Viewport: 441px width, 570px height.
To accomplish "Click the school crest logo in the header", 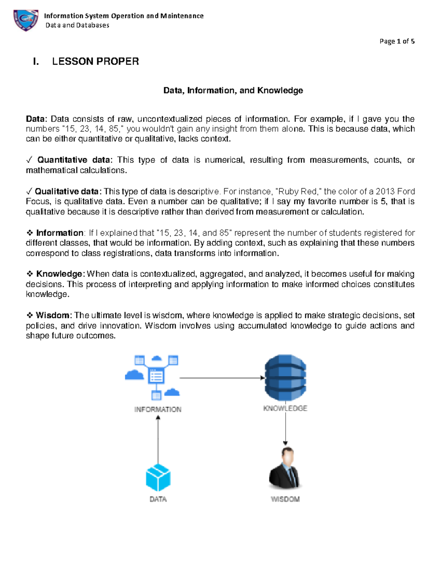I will click(26, 20).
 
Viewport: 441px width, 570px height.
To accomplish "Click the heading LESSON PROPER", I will click(95, 61).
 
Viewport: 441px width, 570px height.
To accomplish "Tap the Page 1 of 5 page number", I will click(397, 41).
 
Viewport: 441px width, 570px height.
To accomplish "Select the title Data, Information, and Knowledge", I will click(233, 91).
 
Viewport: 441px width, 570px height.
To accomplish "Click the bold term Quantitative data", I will click(73, 160).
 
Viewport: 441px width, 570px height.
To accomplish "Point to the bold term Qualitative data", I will click(67, 192).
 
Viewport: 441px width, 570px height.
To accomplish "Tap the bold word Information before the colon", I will click(60, 233).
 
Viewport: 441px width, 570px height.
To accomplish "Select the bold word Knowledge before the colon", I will click(59, 274).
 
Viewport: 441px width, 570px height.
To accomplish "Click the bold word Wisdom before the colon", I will click(53, 316).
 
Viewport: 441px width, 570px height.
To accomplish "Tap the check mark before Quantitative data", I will click(29, 160).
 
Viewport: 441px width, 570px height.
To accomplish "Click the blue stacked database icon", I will click(286, 377).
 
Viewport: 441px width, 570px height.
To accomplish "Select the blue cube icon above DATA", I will click(158, 478).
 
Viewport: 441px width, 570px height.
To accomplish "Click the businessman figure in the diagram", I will click(285, 468).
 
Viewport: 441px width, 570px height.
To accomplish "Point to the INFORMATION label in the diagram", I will click(158, 410).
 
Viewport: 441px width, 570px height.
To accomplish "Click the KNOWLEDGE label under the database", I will click(285, 409).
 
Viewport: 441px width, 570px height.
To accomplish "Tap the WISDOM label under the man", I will click(285, 499).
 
